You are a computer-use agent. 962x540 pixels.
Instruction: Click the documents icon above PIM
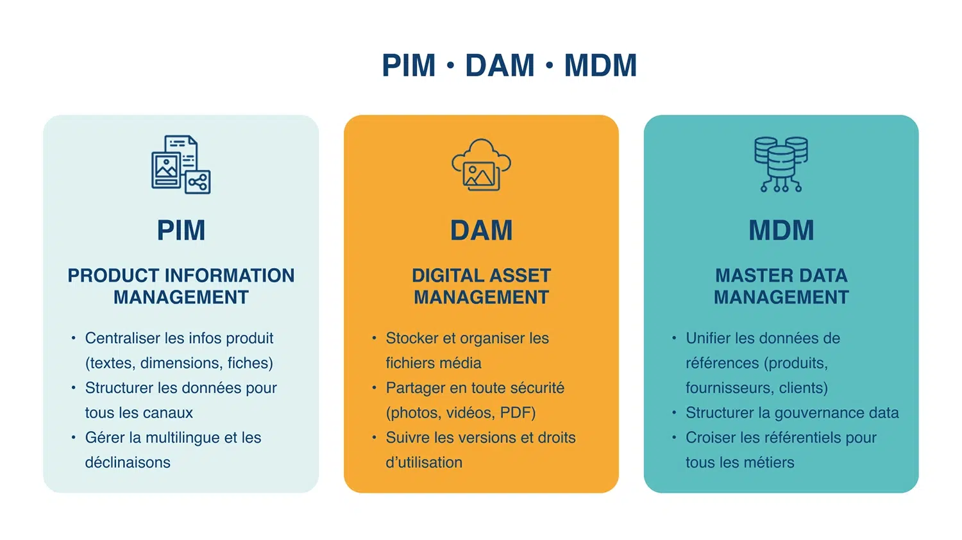click(181, 165)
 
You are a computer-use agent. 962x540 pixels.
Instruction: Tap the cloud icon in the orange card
click(481, 165)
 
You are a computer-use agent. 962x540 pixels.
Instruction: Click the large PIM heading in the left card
click(181, 230)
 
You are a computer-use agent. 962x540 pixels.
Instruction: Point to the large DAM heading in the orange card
click(481, 230)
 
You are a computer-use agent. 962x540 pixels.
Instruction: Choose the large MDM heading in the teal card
click(781, 230)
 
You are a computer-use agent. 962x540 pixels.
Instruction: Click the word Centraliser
click(122, 338)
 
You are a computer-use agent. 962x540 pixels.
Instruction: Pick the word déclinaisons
click(128, 462)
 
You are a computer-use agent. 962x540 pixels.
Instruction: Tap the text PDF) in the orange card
click(518, 413)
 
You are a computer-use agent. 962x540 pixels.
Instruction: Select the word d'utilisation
click(424, 462)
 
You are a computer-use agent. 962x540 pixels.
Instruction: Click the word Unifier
click(707, 338)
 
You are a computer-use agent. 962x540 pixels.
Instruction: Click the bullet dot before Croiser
click(674, 437)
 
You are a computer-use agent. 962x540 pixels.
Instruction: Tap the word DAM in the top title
click(500, 65)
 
